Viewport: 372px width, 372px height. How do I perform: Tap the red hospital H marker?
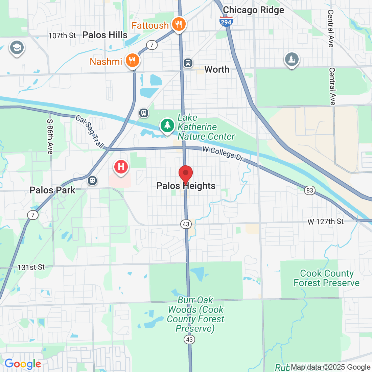point(121,167)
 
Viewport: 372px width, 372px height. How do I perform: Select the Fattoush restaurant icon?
point(178,24)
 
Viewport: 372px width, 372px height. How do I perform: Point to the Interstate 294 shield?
point(226,22)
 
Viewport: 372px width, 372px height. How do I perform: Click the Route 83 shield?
point(309,190)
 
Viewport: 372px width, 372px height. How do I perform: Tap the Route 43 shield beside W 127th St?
point(186,224)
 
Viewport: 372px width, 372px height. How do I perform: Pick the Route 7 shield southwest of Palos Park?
point(32,215)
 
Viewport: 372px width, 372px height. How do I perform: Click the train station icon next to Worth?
point(188,63)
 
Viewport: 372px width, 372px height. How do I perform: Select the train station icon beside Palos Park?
point(92,180)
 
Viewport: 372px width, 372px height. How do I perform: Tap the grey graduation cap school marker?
point(16,48)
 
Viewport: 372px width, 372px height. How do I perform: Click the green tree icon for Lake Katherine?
point(167,125)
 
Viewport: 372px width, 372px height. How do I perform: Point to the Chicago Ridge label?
point(253,10)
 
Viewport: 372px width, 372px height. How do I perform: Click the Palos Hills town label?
point(105,35)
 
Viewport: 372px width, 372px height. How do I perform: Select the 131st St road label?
point(31,267)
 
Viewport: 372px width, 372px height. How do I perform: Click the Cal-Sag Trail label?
point(90,132)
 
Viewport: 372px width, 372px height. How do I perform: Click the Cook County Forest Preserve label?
point(326,278)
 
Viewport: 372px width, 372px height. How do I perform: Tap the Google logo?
point(23,364)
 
